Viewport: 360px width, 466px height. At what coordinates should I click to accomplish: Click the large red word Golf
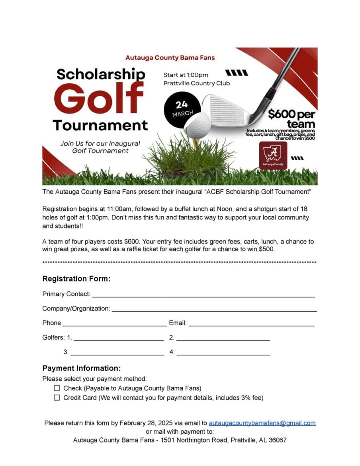99,97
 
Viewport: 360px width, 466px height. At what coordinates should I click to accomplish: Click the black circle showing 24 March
182,108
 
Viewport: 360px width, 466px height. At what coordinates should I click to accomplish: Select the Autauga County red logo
273,155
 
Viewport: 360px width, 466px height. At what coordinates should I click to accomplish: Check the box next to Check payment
57,388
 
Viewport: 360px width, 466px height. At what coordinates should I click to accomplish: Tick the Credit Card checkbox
57,397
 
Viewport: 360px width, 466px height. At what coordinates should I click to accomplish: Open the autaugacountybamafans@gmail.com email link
262,423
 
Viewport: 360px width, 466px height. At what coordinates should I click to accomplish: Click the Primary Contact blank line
203,295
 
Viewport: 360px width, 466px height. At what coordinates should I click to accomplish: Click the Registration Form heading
76,279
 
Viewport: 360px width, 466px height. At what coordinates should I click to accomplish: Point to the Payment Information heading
81,368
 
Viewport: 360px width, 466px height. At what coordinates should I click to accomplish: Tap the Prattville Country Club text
197,83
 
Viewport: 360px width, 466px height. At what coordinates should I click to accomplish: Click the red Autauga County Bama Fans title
170,58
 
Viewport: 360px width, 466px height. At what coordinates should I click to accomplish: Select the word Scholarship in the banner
101,74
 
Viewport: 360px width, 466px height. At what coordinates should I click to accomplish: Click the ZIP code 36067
278,440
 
